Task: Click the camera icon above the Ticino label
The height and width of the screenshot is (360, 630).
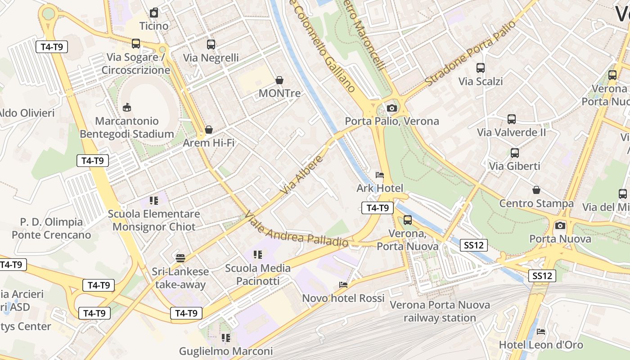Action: click(154, 13)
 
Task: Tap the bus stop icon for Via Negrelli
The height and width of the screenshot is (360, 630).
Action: click(211, 45)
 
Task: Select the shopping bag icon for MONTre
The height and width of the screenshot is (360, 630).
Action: click(279, 80)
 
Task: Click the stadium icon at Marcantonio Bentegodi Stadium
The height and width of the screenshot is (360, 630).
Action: click(127, 108)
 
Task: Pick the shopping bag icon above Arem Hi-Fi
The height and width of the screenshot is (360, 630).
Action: click(209, 130)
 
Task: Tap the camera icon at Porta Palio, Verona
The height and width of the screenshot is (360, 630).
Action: click(392, 108)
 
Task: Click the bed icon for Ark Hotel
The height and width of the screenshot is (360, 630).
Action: click(380, 175)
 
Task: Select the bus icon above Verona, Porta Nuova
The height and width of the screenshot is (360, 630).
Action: click(408, 220)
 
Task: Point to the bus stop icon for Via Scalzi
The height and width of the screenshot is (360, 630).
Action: click(481, 68)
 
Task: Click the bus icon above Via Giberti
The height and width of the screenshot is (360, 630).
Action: click(515, 153)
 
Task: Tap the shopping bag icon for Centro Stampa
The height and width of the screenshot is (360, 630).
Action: click(536, 190)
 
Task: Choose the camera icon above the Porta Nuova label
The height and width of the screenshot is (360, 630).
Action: click(560, 225)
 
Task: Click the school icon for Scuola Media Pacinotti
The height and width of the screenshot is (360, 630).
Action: click(258, 255)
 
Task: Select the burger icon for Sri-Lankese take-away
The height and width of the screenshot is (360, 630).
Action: click(180, 258)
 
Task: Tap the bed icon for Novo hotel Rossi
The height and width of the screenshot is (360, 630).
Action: click(343, 285)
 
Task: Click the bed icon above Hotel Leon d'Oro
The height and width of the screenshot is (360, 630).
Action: click(541, 332)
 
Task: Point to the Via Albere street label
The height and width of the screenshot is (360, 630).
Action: click(302, 175)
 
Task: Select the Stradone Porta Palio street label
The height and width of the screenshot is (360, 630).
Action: click(470, 54)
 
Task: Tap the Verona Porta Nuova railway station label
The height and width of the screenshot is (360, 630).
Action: click(440, 311)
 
